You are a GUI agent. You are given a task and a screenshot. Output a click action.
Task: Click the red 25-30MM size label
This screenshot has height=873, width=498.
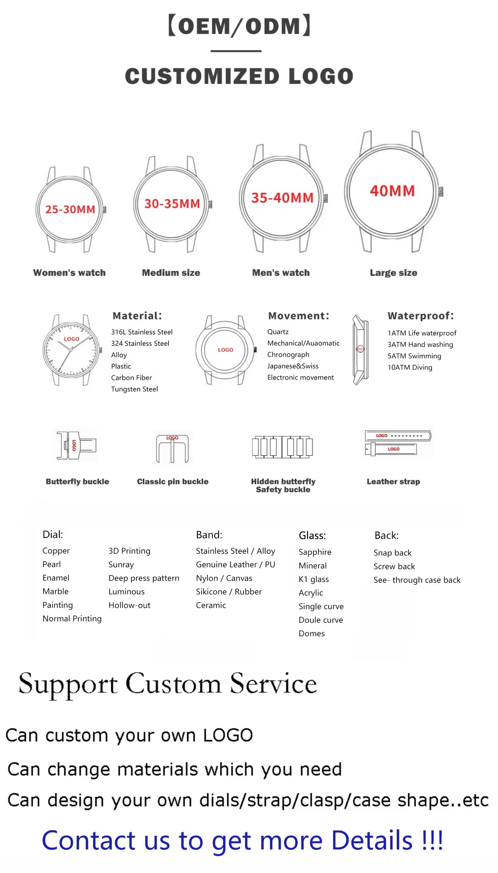click(70, 209)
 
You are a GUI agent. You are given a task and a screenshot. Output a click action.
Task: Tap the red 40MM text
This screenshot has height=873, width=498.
click(392, 191)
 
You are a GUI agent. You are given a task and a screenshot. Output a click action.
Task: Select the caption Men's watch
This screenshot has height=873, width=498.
click(281, 273)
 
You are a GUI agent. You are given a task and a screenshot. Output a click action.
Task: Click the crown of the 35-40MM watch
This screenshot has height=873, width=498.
click(326, 198)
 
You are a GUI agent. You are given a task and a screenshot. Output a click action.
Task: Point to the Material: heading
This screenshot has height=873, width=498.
click(137, 316)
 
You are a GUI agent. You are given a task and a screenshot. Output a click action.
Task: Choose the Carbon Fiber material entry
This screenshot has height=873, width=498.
click(131, 378)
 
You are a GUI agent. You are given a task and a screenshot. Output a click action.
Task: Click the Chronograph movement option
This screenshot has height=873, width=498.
click(288, 354)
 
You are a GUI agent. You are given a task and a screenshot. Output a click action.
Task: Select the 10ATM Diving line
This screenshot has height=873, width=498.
click(410, 367)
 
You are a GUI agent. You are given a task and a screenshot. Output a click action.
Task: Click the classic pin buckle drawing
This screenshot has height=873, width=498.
click(172, 448)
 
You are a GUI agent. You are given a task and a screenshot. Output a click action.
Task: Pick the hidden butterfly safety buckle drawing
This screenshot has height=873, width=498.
click(282, 447)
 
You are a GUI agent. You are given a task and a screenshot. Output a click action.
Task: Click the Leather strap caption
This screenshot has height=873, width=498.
click(393, 481)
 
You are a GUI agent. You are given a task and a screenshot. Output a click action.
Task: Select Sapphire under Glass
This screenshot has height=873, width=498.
click(315, 552)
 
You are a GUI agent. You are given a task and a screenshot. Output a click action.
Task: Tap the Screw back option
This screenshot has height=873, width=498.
click(394, 566)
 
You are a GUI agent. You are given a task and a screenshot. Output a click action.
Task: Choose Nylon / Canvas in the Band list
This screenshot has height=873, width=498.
click(224, 578)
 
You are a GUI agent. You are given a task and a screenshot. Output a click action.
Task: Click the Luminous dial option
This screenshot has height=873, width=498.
click(127, 592)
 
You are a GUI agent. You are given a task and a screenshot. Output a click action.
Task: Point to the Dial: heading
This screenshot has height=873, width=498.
click(53, 535)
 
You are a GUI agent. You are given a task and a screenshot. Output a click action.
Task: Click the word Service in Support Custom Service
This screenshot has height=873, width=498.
click(274, 684)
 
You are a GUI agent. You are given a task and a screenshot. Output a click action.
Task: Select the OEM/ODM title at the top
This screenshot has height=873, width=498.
click(240, 26)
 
